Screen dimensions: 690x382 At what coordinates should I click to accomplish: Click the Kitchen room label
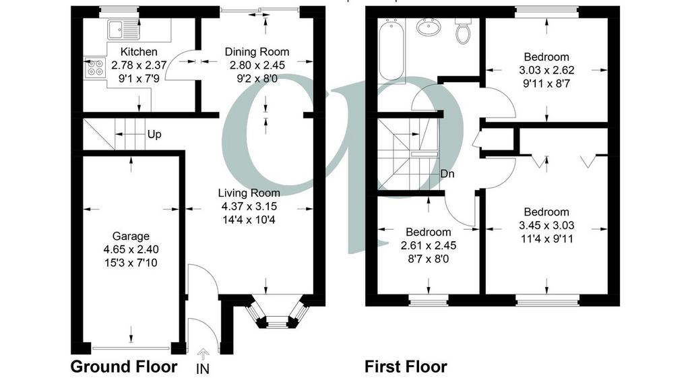pos(139,52)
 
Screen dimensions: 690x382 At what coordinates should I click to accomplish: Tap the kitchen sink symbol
pos(123,30)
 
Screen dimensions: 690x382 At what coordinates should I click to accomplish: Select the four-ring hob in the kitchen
pos(95,67)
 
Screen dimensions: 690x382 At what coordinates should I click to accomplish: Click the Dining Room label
pos(257,51)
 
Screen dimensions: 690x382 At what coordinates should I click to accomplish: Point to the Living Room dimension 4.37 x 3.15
pos(249,206)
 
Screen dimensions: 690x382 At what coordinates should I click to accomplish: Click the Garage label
pos(131,236)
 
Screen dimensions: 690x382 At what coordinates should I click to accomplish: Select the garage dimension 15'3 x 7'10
pos(131,263)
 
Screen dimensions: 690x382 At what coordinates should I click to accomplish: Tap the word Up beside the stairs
pos(154,134)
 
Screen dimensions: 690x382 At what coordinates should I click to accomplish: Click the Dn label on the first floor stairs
pos(447,174)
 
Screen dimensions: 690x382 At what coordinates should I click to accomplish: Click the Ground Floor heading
pos(124,366)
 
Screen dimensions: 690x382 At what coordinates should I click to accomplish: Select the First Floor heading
pos(406,366)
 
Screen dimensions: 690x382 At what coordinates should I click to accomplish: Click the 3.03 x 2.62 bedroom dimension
pos(546,70)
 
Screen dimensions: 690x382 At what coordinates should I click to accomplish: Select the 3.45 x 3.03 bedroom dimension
pos(546,225)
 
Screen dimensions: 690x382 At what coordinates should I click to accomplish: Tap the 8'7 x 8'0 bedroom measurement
pos(428,259)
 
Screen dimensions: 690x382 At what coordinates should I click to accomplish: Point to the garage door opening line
pos(131,348)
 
